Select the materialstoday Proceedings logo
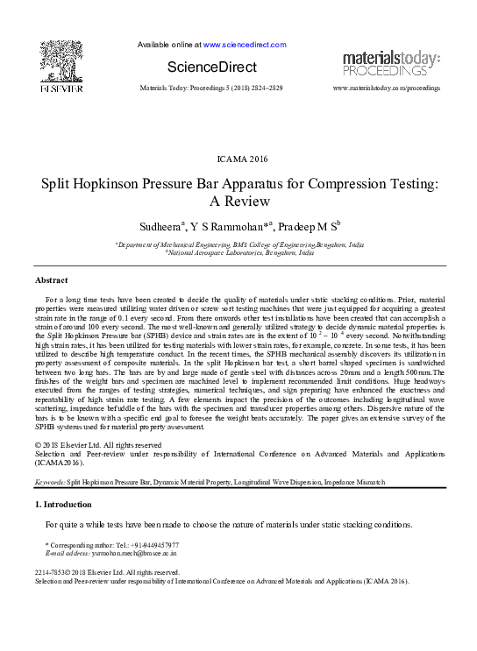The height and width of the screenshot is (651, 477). pos(391,62)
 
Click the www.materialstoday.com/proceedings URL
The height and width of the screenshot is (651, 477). pos(387,88)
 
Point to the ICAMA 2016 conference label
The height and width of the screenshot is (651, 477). pos(238,158)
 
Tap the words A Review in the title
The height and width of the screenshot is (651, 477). pos(238,202)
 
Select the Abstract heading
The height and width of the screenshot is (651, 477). pos(51,280)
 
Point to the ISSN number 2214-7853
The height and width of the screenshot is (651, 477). pos(53,572)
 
